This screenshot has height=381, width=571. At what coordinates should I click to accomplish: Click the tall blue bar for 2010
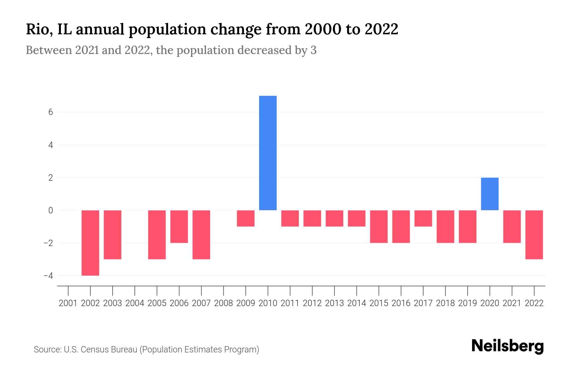click(x=268, y=153)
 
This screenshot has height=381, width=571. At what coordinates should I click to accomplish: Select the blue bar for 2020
click(x=489, y=194)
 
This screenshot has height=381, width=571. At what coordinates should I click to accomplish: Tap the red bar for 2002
click(x=90, y=243)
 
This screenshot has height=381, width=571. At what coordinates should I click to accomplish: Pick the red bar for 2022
click(x=534, y=235)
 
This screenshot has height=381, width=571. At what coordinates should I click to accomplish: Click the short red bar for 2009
click(x=246, y=218)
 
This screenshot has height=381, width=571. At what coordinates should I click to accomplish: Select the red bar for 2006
click(x=179, y=226)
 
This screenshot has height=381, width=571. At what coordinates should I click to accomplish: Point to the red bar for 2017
click(x=423, y=218)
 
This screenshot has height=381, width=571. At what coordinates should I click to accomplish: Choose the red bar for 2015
click(x=379, y=226)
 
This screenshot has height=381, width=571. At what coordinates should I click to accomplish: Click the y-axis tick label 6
click(x=50, y=112)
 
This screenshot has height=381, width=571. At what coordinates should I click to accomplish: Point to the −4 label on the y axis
click(x=48, y=276)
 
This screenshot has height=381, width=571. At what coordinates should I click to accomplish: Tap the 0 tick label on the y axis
click(x=50, y=210)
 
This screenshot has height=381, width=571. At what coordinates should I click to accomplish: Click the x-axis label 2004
click(x=135, y=303)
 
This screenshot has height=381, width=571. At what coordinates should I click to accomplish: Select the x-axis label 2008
click(x=223, y=303)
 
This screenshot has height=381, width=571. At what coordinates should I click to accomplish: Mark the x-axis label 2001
click(x=68, y=303)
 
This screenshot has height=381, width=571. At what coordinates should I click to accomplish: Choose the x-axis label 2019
click(x=467, y=303)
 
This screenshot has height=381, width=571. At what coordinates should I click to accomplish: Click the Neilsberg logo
click(x=508, y=346)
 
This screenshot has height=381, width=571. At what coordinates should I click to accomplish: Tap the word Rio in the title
click(x=35, y=30)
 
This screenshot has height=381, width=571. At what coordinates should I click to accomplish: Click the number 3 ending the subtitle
click(x=313, y=50)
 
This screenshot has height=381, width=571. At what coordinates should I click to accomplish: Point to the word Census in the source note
click(x=93, y=350)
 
